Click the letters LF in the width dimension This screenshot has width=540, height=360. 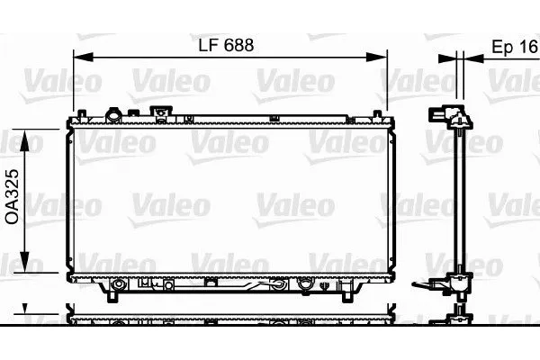pyautogui.click(x=206, y=45)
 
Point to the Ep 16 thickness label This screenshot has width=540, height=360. pyautogui.click(x=513, y=47)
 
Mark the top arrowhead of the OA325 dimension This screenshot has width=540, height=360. pyautogui.click(x=26, y=137)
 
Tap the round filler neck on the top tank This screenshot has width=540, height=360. pyautogui.click(x=114, y=115)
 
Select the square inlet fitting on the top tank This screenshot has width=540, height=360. pyautogui.click(x=161, y=114)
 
